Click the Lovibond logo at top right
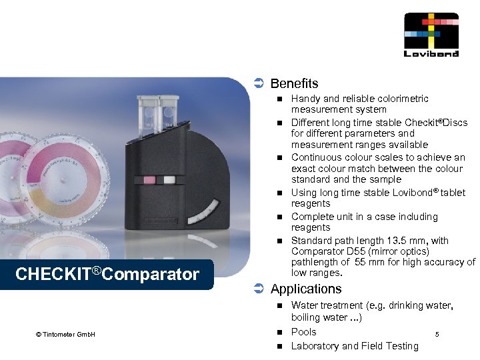pos(431,35)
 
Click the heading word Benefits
pos(294,83)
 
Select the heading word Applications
pos(306,289)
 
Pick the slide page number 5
pos(437,333)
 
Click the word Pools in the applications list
pos(303,332)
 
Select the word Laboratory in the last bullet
pos(315,345)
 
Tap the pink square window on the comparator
pos(150,180)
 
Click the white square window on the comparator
pos(169,179)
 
